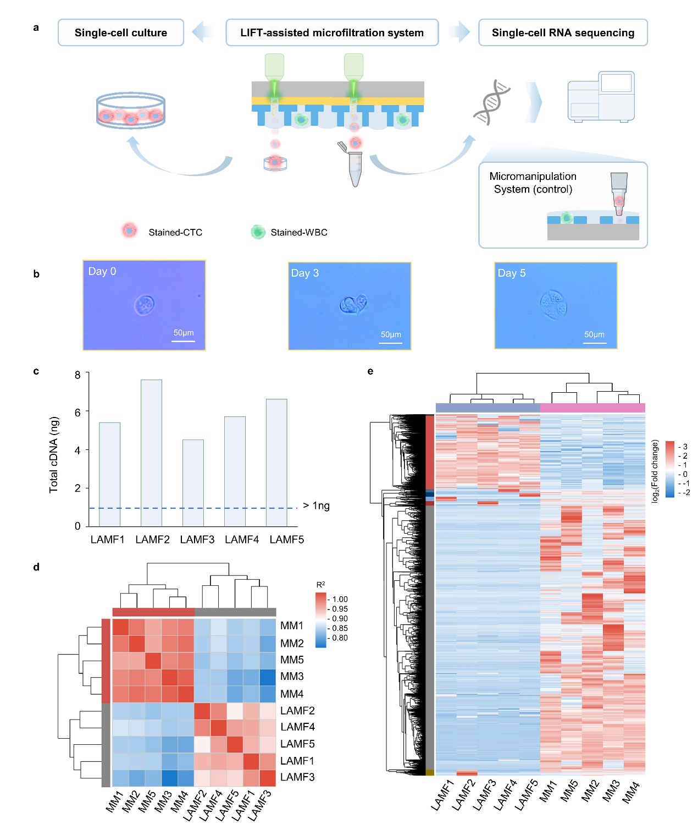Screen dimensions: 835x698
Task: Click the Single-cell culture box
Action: tap(121, 32)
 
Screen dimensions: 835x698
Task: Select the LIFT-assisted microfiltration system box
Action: tap(332, 32)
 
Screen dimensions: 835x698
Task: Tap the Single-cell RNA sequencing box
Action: tap(563, 32)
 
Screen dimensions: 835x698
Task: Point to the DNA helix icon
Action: tap(492, 102)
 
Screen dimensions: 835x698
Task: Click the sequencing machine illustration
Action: tap(601, 96)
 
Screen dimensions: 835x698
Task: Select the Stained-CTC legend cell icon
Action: tap(129, 231)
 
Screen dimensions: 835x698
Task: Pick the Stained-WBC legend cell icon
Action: tap(258, 232)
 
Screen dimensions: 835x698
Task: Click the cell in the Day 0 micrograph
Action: tap(145, 304)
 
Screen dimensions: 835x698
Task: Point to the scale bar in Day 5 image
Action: tap(595, 343)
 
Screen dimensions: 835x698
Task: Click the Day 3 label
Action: tap(304, 273)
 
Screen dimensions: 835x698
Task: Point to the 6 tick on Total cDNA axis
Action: tap(77, 412)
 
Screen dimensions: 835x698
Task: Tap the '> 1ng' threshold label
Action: tap(316, 506)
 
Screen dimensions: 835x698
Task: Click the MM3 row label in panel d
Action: tap(292, 676)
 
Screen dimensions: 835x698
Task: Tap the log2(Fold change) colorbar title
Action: tap(655, 470)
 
